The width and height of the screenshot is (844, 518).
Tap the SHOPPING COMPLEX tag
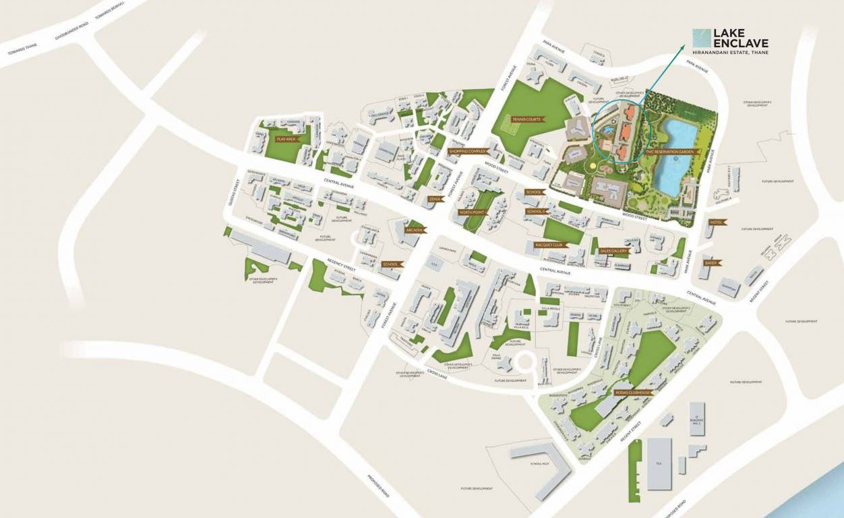[468, 151]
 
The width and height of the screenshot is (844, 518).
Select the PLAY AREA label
[287, 138]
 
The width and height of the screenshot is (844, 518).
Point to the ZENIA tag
[435, 199]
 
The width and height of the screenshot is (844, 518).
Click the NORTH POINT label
[471, 212]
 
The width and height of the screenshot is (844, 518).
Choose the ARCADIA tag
[413, 230]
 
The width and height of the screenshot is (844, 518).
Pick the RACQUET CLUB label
[549, 245]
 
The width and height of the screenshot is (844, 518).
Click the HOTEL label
[715, 223]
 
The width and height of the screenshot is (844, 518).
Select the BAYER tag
[711, 262]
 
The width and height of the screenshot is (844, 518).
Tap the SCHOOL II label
[537, 211]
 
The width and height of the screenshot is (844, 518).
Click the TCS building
[659, 463]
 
